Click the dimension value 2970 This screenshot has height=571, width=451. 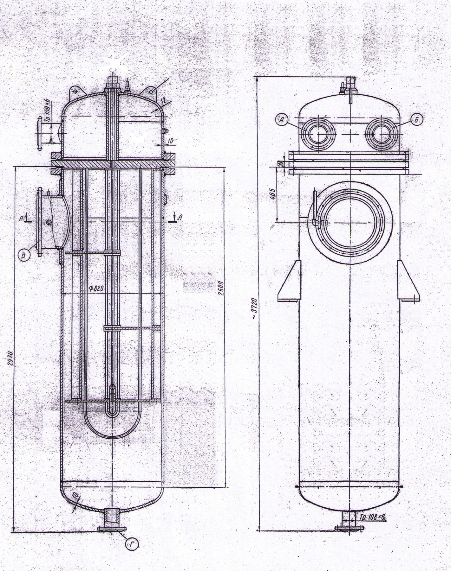[x=10, y=358]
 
